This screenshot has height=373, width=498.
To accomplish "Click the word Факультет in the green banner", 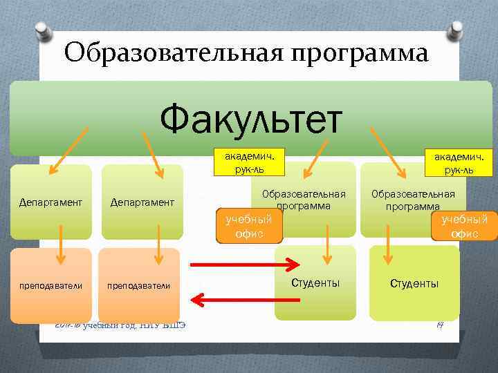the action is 251,119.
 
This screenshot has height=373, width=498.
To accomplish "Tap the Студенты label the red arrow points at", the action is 315,283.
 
